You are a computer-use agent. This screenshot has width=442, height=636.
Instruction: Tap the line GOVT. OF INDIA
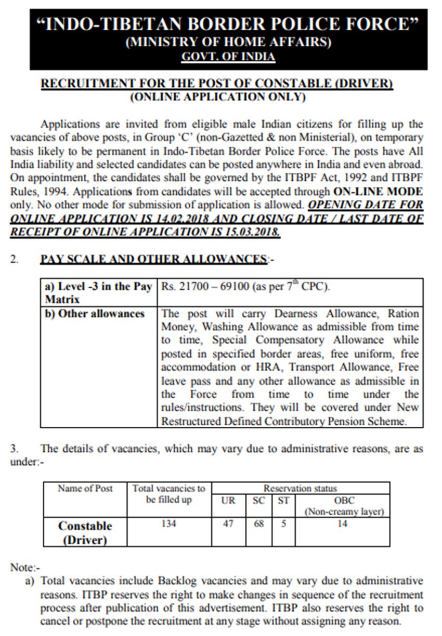tap(228, 57)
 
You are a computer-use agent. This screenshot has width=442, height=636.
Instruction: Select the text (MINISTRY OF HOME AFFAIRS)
tap(228, 42)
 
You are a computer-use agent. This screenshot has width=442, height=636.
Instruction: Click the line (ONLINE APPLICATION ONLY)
tap(218, 96)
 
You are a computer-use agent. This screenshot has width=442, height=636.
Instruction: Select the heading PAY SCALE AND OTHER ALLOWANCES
tap(154, 259)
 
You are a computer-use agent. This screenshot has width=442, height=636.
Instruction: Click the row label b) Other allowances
tap(95, 313)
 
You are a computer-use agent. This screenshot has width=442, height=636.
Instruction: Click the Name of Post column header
tap(85, 488)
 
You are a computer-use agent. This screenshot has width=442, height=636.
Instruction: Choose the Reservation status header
tap(300, 488)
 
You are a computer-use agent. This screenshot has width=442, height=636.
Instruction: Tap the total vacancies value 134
tap(168, 524)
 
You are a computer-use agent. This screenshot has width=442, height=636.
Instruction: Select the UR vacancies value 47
tap(228, 524)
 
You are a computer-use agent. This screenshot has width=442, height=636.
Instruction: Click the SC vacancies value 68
tap(258, 524)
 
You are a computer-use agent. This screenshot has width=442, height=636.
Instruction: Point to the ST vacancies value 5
tap(283, 524)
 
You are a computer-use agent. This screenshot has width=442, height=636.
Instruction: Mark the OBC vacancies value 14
tap(342, 524)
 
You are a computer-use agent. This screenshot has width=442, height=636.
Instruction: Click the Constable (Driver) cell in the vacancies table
tap(85, 532)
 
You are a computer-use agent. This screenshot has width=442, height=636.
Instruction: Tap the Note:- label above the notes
tap(24, 568)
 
